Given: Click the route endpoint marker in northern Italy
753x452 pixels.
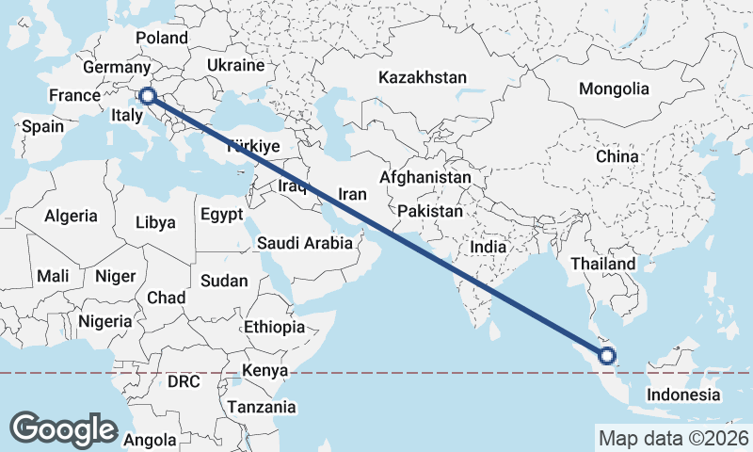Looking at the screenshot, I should (147, 95).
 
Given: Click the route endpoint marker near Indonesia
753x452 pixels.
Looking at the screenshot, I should (606, 356).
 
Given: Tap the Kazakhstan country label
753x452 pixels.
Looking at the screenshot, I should (423, 76).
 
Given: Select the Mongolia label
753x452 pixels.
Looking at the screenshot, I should (614, 89).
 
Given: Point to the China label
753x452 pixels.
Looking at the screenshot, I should (617, 156).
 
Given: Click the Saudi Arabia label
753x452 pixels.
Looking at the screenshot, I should (305, 243).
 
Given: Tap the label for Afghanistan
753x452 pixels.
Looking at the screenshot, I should (425, 177).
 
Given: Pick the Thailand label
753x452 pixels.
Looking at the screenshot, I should (602, 264).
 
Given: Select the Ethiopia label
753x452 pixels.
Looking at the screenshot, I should (274, 328).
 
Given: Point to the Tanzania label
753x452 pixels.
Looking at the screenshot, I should (262, 408).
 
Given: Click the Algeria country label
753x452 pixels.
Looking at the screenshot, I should (71, 216).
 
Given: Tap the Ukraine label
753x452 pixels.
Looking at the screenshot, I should (234, 66).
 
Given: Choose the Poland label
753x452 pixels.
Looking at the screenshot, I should (162, 39).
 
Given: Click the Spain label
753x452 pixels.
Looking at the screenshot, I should (42, 126).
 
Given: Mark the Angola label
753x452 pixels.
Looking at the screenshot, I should (150, 440).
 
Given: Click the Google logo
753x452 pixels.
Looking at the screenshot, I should (63, 428).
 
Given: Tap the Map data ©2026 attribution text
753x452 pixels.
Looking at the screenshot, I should (673, 438).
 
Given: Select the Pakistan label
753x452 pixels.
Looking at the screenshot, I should (430, 211).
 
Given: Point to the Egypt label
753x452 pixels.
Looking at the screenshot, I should (222, 215).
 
